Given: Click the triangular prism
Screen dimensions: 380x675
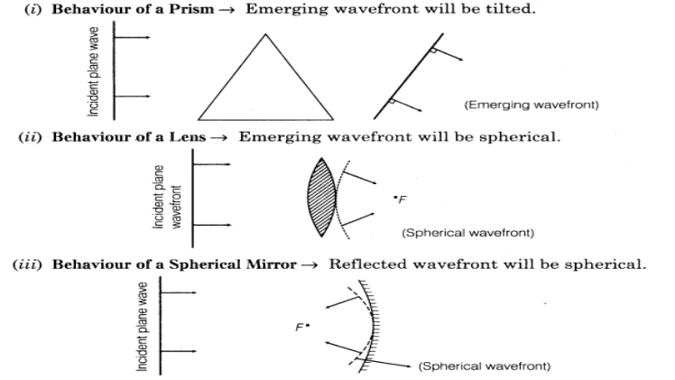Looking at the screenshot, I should (264, 86).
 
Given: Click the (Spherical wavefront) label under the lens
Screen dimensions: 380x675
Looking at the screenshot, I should (467, 233).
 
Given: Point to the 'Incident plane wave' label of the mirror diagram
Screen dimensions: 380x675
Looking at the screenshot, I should (143, 326).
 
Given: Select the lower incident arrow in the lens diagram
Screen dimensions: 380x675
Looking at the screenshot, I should (212, 224).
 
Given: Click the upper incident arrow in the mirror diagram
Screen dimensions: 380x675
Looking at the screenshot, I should (177, 292).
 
